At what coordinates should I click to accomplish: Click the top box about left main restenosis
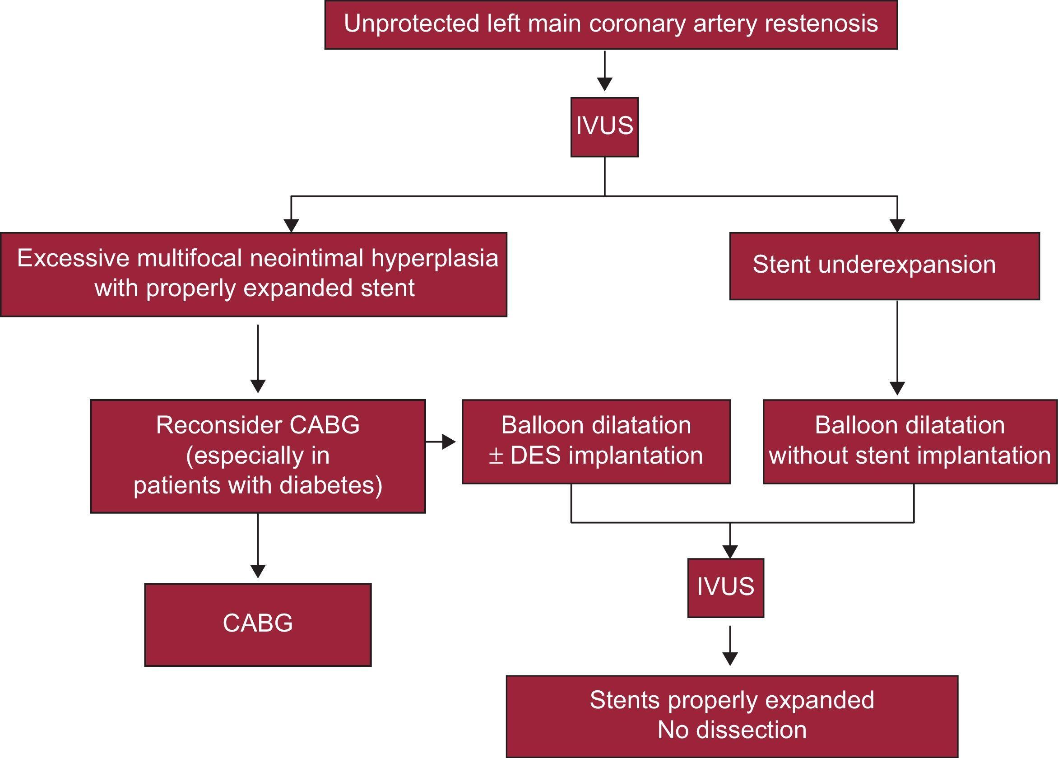[x=611, y=25]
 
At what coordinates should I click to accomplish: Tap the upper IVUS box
[x=604, y=127]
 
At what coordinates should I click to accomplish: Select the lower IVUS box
[x=725, y=588]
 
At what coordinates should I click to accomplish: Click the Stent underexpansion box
[x=884, y=266]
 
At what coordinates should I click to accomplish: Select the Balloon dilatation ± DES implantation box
[x=596, y=441]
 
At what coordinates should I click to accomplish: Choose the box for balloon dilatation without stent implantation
[x=909, y=441]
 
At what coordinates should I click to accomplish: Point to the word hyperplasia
[x=434, y=259]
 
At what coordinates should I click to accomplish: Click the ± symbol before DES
[x=496, y=456]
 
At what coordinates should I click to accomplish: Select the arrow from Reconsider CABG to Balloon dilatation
[x=441, y=441]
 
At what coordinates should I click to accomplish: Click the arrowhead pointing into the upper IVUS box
[x=604, y=84]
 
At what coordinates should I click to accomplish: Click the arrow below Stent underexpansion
[x=897, y=348]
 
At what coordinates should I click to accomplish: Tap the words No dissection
[x=732, y=730]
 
